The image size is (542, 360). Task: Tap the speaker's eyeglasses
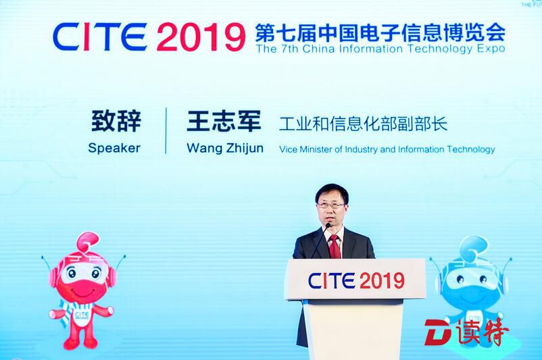[x=330, y=205]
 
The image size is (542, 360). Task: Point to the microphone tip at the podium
[x=327, y=226]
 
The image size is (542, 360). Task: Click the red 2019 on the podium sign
[x=383, y=280]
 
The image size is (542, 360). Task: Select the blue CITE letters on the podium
[x=332, y=280]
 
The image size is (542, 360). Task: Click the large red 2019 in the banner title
[x=201, y=37]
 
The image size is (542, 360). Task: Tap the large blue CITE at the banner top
[x=100, y=36]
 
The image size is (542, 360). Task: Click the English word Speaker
[x=114, y=148]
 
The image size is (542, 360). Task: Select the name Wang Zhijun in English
[x=225, y=149]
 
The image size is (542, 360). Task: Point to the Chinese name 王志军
[x=224, y=121]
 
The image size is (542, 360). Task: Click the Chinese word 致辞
[x=116, y=121]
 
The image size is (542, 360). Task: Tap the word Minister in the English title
[x=316, y=149]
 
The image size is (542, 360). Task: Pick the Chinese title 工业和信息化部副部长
[x=364, y=124]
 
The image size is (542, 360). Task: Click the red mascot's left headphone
[x=53, y=277]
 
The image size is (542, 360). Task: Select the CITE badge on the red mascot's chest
[x=82, y=315]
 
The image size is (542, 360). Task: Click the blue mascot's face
[x=470, y=280]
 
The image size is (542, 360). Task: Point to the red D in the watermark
[x=438, y=332]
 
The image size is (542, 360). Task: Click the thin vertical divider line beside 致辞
[x=166, y=130]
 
